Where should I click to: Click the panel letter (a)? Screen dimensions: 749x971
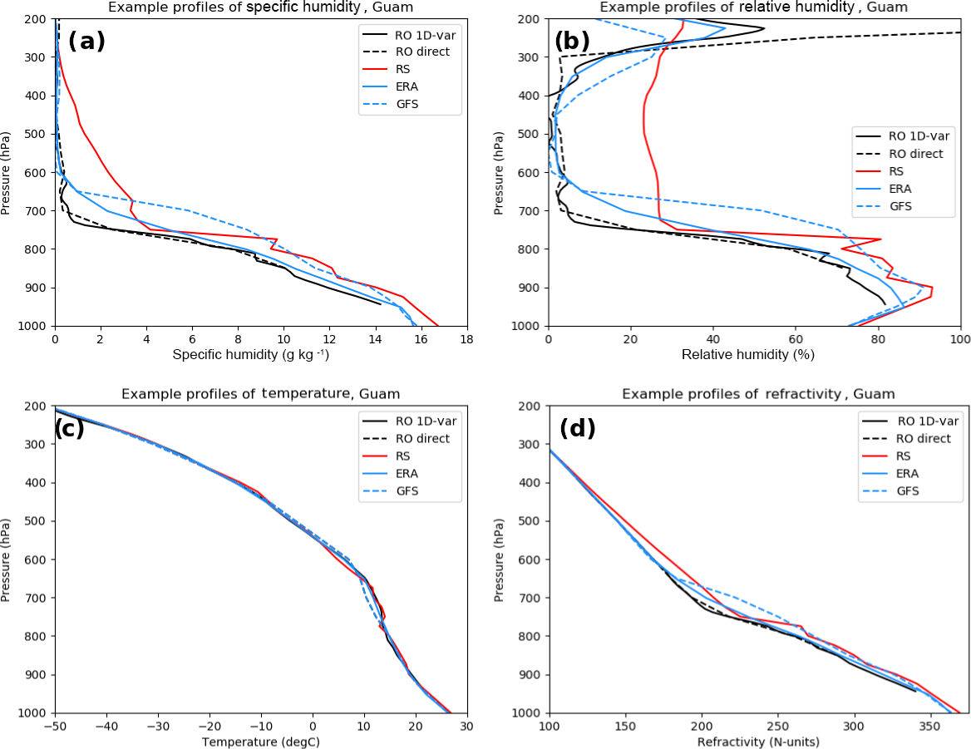pyautogui.click(x=86, y=41)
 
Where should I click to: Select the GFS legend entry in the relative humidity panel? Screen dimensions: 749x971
pyautogui.click(x=902, y=206)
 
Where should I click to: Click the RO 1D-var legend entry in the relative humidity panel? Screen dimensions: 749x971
pyautogui.click(x=918, y=136)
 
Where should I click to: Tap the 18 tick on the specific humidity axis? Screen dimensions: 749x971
pyautogui.click(x=466, y=339)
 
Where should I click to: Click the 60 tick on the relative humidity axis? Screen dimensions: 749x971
pyautogui.click(x=796, y=339)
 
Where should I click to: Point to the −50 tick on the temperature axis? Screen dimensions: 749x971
pyautogui.click(x=56, y=727)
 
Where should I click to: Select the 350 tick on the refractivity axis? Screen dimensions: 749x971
pyautogui.click(x=930, y=727)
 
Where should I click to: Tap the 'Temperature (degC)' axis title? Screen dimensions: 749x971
pyautogui.click(x=261, y=742)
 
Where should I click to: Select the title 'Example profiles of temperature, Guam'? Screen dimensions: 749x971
pyautogui.click(x=261, y=394)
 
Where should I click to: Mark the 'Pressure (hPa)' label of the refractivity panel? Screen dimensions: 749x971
pyautogui.click(x=500, y=559)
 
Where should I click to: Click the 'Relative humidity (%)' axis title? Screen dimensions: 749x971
pyautogui.click(x=747, y=355)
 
